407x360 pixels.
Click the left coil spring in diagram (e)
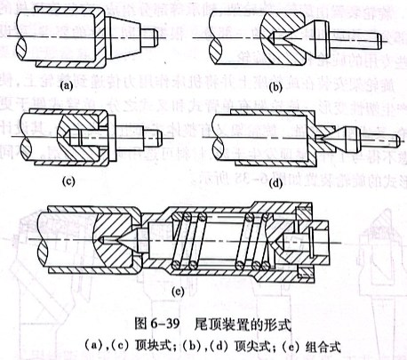tap(189, 241)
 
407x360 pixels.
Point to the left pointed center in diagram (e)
tap(115, 241)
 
